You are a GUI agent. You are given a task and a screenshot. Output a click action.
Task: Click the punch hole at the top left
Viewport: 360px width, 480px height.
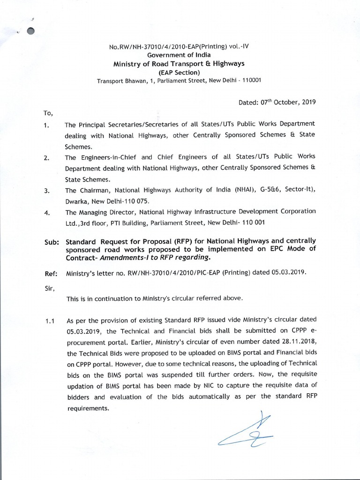pos(31,31)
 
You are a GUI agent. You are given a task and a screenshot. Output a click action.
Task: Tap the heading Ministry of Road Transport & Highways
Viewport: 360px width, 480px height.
pos(179,63)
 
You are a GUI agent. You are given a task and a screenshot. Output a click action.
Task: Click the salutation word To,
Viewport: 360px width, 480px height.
pos(49,113)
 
